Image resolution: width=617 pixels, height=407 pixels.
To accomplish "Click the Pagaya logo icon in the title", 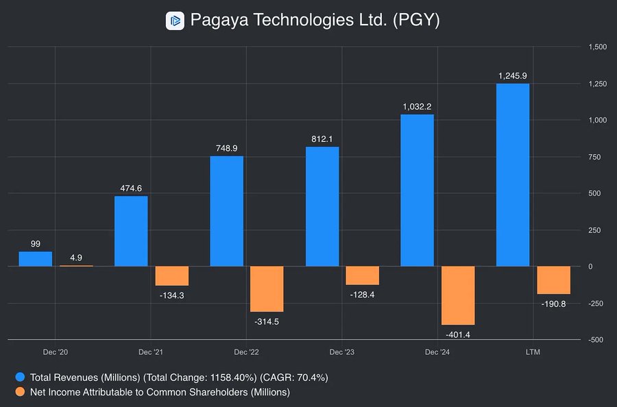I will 176,21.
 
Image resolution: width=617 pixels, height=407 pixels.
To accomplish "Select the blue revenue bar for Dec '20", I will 35,259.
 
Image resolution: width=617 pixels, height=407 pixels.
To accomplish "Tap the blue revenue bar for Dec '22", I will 226,211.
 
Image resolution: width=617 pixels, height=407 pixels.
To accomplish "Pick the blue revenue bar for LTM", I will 513,175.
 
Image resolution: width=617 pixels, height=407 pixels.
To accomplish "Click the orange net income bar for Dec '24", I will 458,295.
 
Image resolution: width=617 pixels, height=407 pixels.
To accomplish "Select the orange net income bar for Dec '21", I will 171,275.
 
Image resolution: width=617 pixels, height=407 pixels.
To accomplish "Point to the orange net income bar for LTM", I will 553,280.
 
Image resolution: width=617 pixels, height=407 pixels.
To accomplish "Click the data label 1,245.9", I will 513,75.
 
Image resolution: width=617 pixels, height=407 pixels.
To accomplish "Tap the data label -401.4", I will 458,334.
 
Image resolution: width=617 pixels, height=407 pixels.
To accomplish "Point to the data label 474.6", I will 131,188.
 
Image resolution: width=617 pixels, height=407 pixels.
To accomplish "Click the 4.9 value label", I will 76,258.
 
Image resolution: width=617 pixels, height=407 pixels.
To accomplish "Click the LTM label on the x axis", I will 532,352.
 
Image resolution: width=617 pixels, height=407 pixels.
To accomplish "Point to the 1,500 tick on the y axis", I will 598,47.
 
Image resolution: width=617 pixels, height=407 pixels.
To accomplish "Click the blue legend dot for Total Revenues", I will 20,377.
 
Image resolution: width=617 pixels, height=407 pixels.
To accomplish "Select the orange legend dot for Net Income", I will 20,392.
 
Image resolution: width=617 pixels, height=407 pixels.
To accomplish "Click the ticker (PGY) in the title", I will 415,21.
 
